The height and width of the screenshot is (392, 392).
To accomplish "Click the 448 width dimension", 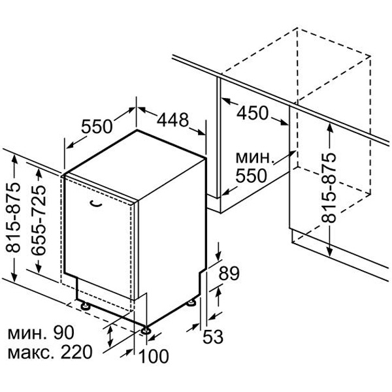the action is click(x=172, y=120).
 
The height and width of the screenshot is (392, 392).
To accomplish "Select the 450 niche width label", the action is click(x=252, y=113).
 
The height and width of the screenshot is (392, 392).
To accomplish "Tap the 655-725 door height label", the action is click(x=39, y=220).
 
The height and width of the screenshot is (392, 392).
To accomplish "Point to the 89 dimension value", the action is click(x=229, y=273).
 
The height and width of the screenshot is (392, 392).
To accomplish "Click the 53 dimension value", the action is click(x=213, y=336).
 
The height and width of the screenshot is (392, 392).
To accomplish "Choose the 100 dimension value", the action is click(x=154, y=356).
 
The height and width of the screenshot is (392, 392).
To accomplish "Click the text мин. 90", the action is click(x=41, y=333).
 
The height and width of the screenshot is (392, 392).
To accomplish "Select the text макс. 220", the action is click(x=50, y=352).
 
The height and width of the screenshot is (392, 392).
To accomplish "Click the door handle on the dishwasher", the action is click(x=96, y=203).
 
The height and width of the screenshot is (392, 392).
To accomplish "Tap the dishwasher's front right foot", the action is click(x=146, y=331).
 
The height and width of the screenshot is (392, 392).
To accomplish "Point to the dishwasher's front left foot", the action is click(x=86, y=306).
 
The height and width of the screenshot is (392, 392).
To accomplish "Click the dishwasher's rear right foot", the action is click(x=191, y=302).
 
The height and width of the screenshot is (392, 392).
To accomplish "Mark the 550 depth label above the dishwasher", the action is click(x=97, y=126).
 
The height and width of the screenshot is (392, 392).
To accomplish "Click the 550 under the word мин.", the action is click(x=251, y=176).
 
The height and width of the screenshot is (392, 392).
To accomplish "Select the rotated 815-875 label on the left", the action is click(x=13, y=218).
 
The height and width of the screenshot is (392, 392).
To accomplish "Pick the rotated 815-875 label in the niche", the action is click(x=329, y=188).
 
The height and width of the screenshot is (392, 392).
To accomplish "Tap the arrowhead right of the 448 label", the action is click(x=201, y=132).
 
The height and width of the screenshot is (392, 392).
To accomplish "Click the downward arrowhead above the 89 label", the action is click(x=218, y=256).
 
